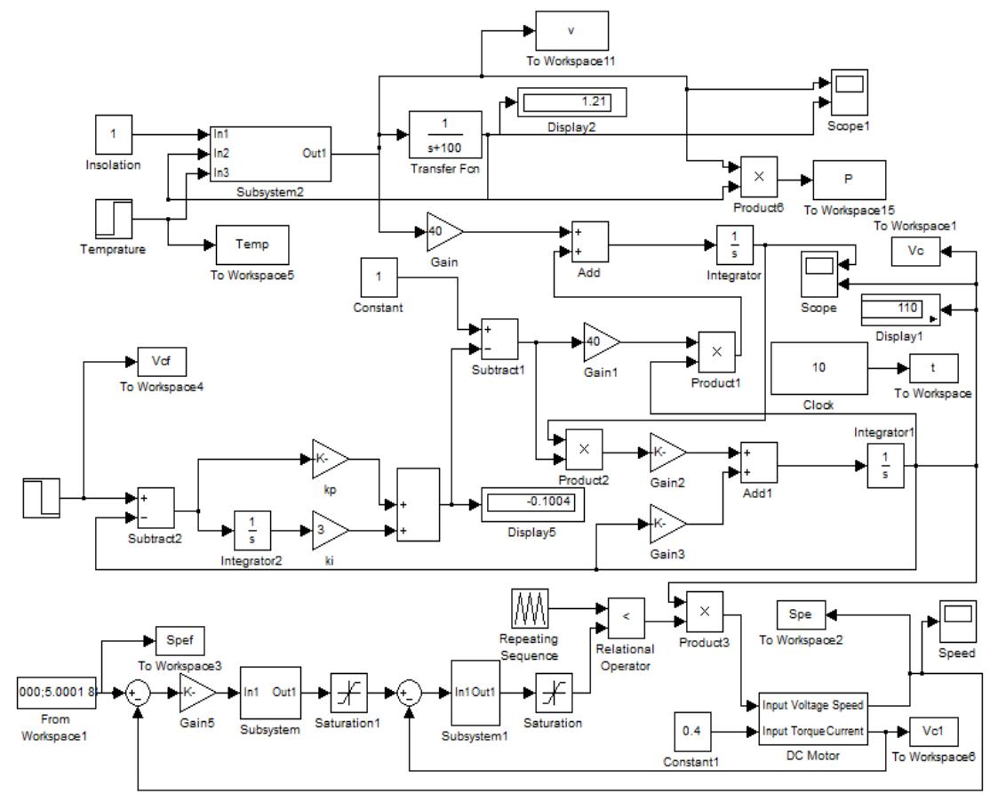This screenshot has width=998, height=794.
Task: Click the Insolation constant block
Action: [x=114, y=135]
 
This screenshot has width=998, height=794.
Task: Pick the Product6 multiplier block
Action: [x=758, y=178]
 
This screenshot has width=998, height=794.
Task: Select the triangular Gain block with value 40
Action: [x=443, y=231]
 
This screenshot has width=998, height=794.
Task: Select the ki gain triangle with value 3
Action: [x=330, y=531]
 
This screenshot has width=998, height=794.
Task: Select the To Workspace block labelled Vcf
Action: [x=162, y=361]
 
